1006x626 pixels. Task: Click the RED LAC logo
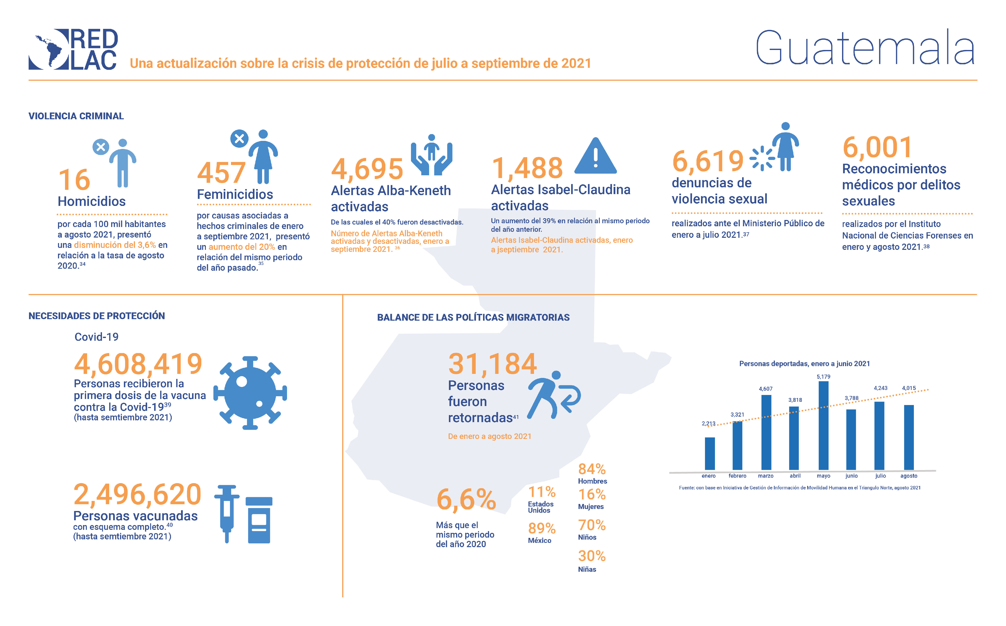[73, 49]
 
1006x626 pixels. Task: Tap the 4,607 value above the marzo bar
[765, 389]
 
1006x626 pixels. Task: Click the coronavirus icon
[250, 392]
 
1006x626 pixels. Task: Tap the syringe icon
[227, 514]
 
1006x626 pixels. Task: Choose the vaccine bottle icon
[259, 520]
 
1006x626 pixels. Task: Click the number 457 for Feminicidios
[221, 173]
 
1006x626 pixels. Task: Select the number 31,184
[492, 364]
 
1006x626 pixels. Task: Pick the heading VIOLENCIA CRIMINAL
[76, 116]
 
